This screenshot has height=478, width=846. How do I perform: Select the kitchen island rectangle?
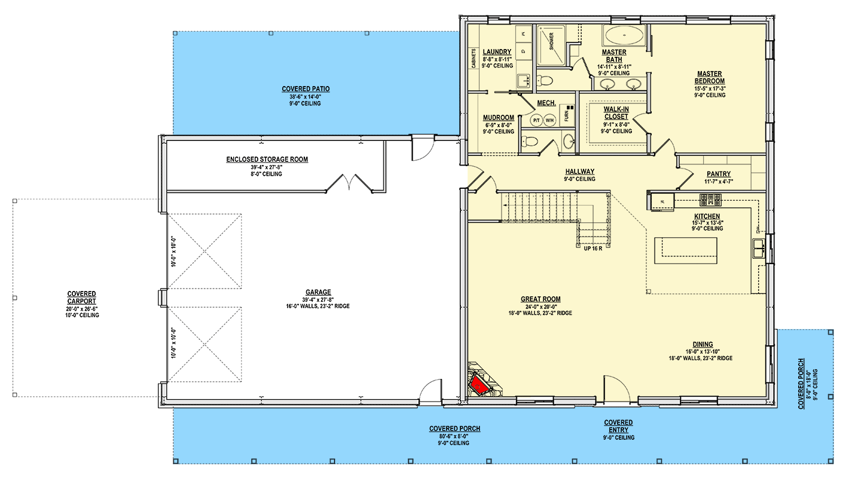[x=686, y=250]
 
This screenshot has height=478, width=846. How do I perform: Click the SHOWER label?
[x=551, y=41]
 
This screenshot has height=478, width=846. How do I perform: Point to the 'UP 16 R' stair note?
[x=593, y=249]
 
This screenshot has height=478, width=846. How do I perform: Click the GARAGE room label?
[x=318, y=292]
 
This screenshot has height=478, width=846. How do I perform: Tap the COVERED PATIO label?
[x=306, y=89]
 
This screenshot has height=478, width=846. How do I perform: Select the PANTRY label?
[x=718, y=174]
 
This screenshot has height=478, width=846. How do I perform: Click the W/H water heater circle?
[x=549, y=121]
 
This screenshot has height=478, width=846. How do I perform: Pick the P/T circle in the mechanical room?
[x=536, y=121]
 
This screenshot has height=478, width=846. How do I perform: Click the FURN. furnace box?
[x=567, y=115]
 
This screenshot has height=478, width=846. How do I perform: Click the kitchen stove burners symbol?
[x=710, y=200]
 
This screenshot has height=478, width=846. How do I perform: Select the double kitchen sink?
[x=759, y=248]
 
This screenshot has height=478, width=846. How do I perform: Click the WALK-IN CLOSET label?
[x=616, y=113]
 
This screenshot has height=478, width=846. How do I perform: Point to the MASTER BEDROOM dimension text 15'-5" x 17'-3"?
[x=710, y=88]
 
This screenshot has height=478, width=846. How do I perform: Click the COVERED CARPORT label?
[x=81, y=298]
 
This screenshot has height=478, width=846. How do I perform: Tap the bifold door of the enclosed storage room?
[x=350, y=183]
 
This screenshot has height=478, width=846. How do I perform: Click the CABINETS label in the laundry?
[x=474, y=59]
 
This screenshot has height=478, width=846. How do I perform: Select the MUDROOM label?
[x=498, y=118]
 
